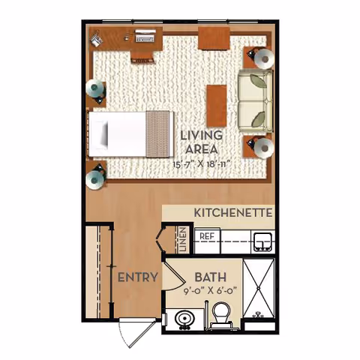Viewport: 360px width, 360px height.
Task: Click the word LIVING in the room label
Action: click(202, 135)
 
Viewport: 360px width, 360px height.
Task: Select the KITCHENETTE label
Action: click(232, 213)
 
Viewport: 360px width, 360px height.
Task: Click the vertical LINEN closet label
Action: click(182, 240)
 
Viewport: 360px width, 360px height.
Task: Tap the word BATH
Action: click(201, 277)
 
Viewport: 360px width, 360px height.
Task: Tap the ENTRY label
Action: click(137, 277)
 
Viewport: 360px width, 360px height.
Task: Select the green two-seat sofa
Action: click(253, 99)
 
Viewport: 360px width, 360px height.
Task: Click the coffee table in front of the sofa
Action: click(217, 104)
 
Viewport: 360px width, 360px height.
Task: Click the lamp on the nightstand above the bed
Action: click(96, 91)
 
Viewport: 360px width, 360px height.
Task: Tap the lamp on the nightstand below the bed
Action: click(96, 178)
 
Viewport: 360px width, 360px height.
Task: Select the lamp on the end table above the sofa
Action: click(263, 56)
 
